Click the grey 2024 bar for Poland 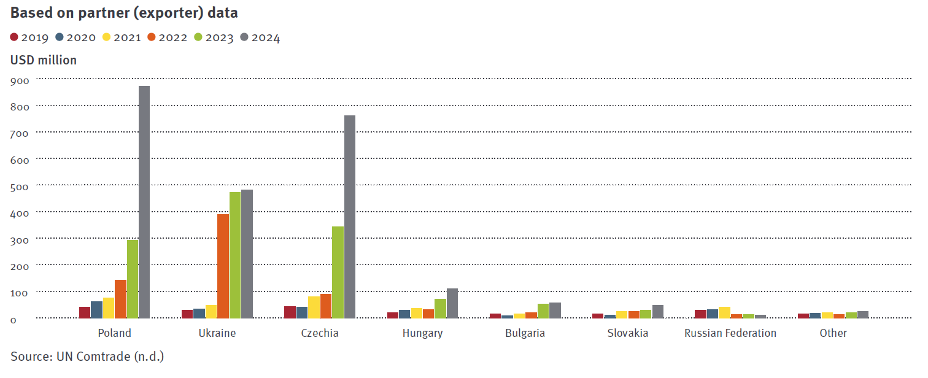(x=144, y=202)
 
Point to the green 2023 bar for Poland (x=133, y=279)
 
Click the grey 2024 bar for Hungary (x=452, y=303)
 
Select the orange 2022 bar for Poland (x=120, y=299)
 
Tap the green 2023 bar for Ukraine (x=235, y=255)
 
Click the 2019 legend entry (x=29, y=37)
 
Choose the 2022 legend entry (x=167, y=37)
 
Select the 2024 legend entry (x=260, y=37)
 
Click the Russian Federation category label (x=730, y=333)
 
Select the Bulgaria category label (x=525, y=333)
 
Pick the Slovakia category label (x=628, y=333)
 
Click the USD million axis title (x=44, y=60)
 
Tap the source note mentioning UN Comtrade (x=87, y=356)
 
